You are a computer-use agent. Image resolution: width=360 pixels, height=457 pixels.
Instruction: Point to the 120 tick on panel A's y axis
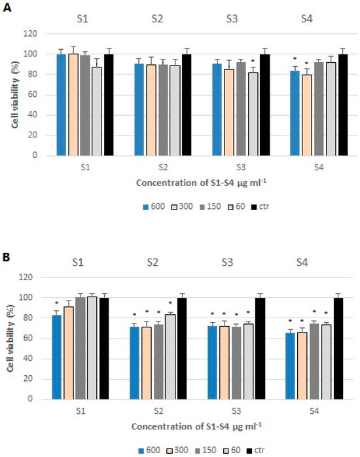coord(33,33)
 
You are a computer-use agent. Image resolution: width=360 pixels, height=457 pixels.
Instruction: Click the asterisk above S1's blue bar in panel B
coord(57,304)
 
